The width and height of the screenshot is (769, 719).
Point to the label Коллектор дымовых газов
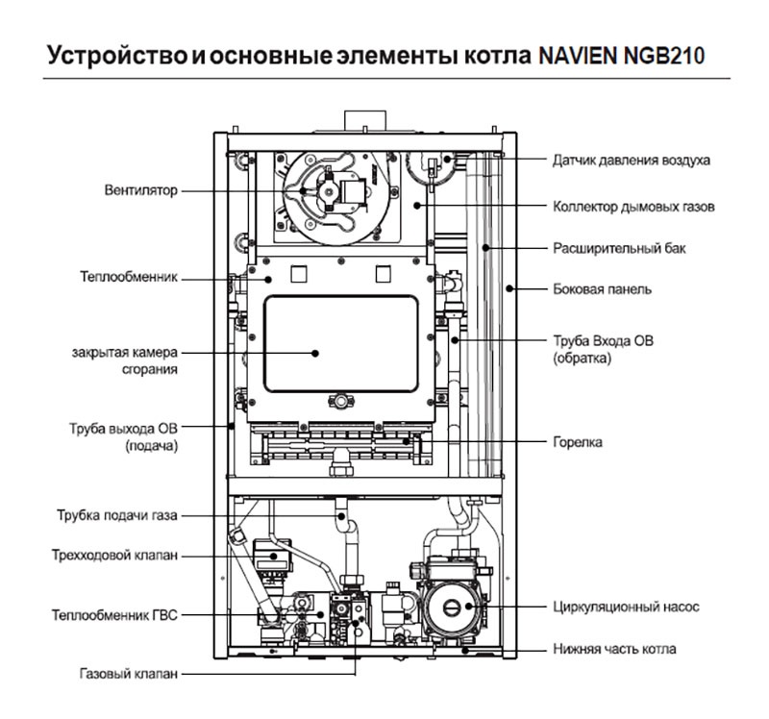[x=634, y=207]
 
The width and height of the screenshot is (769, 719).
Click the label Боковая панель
[x=603, y=288]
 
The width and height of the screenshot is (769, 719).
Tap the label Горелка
[x=578, y=442]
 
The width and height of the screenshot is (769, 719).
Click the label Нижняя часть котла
[x=614, y=649]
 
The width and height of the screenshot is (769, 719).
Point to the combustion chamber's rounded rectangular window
[x=340, y=343]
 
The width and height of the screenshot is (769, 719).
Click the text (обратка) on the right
[x=583, y=358]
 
